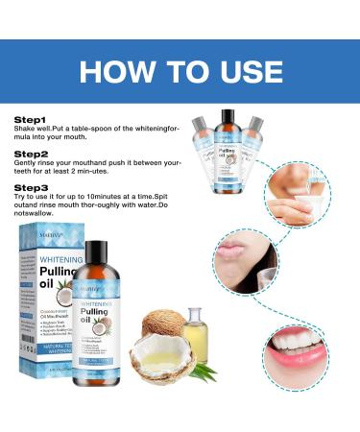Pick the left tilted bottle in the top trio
204,144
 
